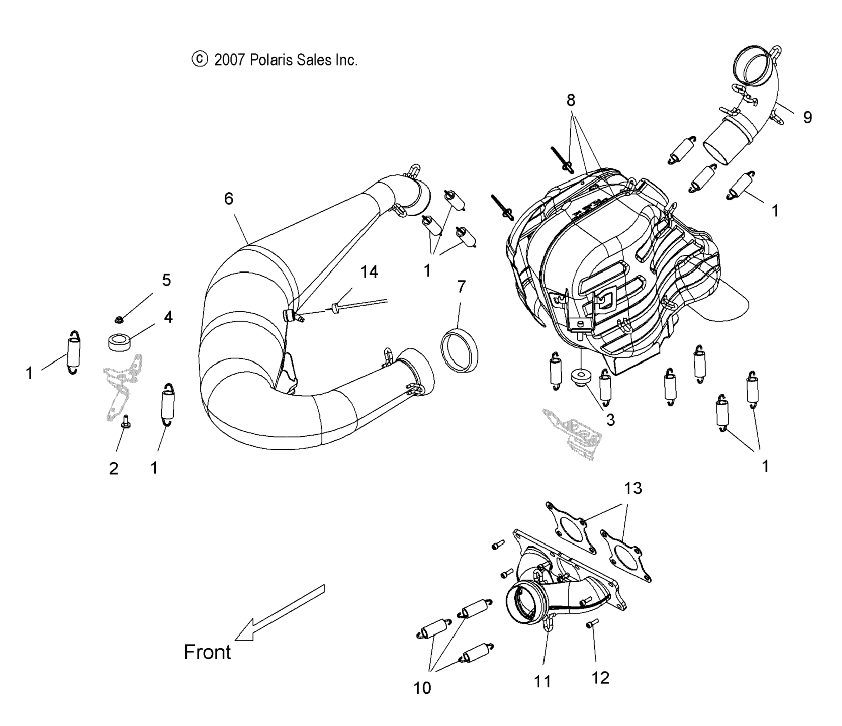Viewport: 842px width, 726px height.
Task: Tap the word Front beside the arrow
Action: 207,653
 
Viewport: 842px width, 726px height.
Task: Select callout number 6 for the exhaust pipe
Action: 229,199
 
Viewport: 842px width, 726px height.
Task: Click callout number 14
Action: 369,272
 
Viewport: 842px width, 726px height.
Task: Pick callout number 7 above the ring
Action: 461,287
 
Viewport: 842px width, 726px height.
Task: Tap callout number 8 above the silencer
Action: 571,100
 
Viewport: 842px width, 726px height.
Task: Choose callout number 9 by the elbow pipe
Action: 808,117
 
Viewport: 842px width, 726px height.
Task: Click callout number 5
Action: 166,280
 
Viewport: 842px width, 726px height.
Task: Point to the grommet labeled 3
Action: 581,376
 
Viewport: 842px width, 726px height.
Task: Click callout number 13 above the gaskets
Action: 633,488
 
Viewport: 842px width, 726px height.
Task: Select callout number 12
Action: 600,677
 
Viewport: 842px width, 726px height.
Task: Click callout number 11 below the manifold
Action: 542,681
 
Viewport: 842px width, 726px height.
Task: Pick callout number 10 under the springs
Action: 422,688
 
